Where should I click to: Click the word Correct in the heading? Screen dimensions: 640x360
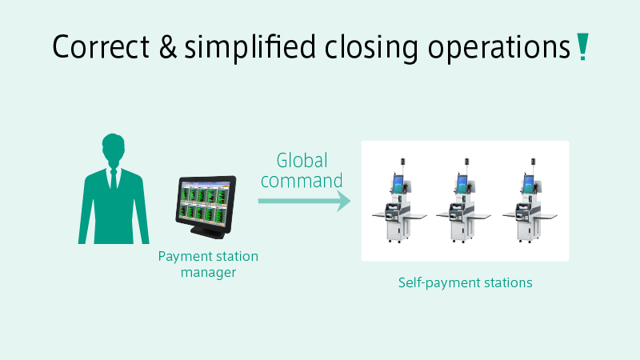click(x=101, y=46)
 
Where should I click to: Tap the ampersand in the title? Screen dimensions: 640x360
click(x=168, y=46)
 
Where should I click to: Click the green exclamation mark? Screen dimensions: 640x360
click(x=582, y=46)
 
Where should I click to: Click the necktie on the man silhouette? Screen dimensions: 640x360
click(x=114, y=178)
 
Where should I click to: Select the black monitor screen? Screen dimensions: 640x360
click(x=206, y=203)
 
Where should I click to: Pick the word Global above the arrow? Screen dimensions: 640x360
click(x=302, y=161)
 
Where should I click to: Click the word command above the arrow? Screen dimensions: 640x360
click(x=302, y=181)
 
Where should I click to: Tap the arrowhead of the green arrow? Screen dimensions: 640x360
click(x=344, y=201)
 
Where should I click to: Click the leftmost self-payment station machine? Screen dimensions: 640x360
click(x=398, y=201)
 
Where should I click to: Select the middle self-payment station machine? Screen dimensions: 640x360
click(x=463, y=201)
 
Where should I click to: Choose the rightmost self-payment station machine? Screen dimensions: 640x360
click(x=530, y=201)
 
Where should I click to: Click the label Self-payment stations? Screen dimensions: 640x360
click(x=466, y=283)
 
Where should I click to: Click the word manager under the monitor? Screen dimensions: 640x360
click(x=208, y=273)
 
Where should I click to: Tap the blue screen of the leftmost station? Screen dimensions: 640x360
click(x=398, y=183)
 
